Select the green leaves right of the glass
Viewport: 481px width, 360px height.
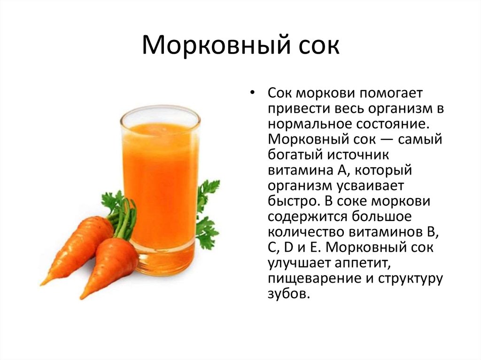pos(207,211)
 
